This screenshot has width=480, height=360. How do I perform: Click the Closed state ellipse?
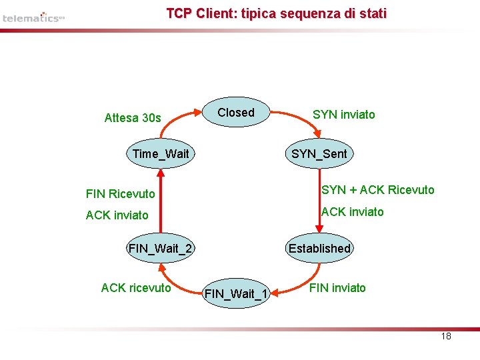coord(236,113)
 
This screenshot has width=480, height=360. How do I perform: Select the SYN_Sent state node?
coord(319,154)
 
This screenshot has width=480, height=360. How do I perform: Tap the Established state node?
coord(319,248)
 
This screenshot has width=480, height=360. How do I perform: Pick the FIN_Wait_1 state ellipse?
coord(236,293)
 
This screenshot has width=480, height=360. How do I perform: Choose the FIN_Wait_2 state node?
coord(160,249)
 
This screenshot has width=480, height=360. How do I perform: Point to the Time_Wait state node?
coord(160,154)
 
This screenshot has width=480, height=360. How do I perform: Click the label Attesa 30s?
coord(133,118)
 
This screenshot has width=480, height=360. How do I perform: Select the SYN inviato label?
coord(344,115)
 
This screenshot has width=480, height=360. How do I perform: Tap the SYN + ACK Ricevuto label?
coord(377,190)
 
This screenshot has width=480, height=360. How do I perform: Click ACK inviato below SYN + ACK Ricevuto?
coord(353,212)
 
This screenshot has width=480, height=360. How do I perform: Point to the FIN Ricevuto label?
coord(120,194)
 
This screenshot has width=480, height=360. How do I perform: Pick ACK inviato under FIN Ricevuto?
coord(117,215)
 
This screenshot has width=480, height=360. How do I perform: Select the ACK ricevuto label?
coord(136,288)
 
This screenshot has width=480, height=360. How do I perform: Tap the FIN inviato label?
coord(338,288)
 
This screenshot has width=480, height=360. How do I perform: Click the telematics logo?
coord(33,17)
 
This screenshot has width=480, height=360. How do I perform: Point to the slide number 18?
coord(446,336)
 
